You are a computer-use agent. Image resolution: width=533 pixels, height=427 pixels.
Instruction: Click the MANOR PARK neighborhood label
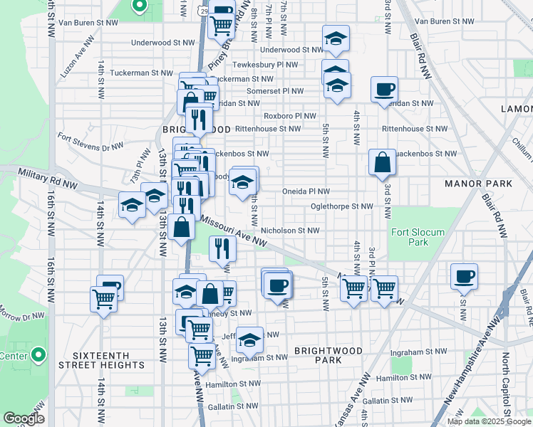point(478,184)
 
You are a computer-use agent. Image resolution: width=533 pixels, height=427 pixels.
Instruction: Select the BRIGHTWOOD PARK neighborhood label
point(328,355)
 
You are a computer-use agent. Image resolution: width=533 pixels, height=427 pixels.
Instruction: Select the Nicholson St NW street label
point(290,231)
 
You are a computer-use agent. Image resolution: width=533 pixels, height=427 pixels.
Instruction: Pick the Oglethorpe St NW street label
point(341,206)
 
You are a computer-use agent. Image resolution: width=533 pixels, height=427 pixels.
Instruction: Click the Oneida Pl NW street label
point(306,191)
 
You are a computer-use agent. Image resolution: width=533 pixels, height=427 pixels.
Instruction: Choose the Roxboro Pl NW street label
point(289,115)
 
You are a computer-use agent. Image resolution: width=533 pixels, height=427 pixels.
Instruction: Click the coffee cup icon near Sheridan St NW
point(384,90)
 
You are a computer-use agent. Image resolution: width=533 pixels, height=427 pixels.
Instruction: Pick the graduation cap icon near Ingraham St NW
point(249,341)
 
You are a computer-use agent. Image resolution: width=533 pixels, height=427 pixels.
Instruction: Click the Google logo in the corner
point(23,418)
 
